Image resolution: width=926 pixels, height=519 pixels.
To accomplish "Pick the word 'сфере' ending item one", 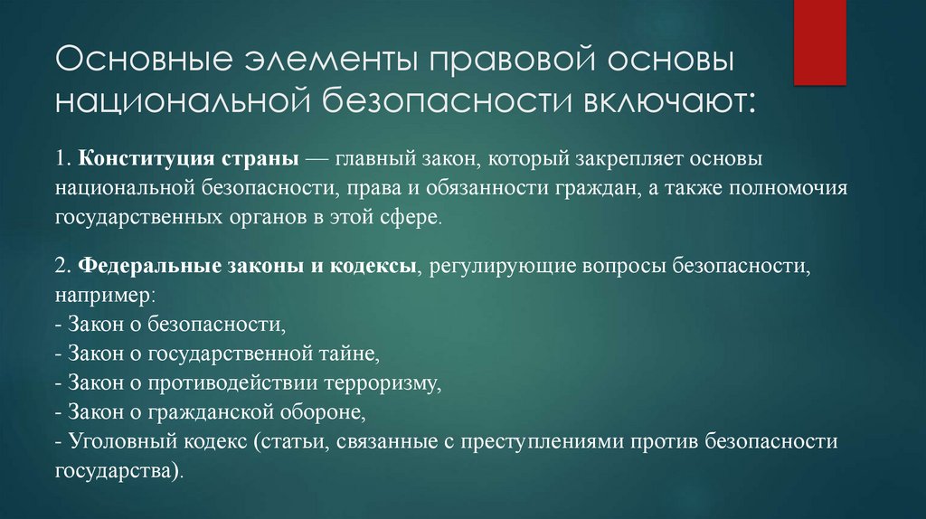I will tap(413, 218).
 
